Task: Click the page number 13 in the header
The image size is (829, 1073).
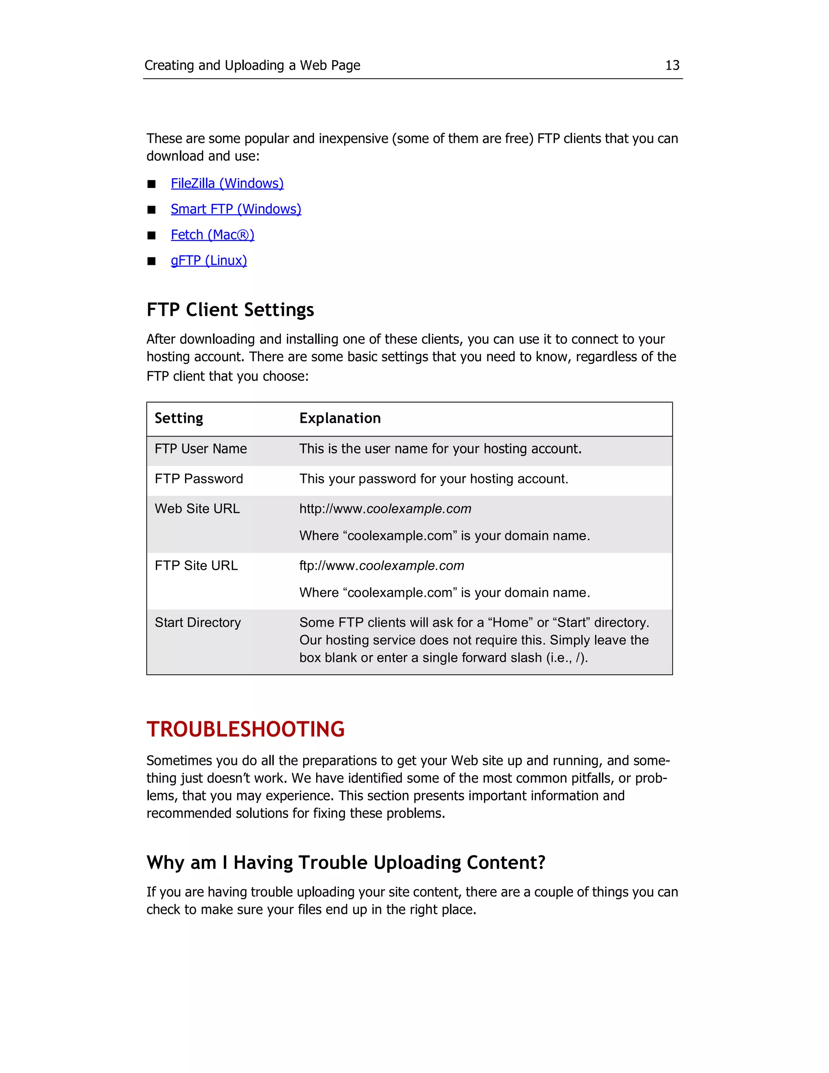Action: pos(672,65)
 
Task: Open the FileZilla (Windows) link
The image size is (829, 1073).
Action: pos(227,183)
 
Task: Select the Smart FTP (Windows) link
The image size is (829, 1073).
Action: pos(236,209)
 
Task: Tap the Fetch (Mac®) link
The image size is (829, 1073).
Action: pos(212,235)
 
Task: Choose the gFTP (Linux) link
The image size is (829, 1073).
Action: pos(209,260)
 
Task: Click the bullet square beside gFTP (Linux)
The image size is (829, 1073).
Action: pos(151,261)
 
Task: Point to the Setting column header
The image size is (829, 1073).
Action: pos(179,418)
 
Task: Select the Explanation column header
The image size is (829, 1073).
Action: pos(340,418)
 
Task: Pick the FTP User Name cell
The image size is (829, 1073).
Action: pos(200,449)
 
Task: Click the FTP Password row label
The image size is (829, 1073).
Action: pos(198,479)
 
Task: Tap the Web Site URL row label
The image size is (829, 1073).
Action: pos(197,509)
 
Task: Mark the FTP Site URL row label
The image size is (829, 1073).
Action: pos(196,566)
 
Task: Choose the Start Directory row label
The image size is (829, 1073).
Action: pos(198,622)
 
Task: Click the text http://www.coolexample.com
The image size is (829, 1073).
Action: pos(385,509)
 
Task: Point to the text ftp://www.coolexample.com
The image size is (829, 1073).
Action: pos(382,566)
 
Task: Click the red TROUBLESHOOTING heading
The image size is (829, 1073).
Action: pos(246,729)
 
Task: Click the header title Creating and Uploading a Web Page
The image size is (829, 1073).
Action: pos(252,65)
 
